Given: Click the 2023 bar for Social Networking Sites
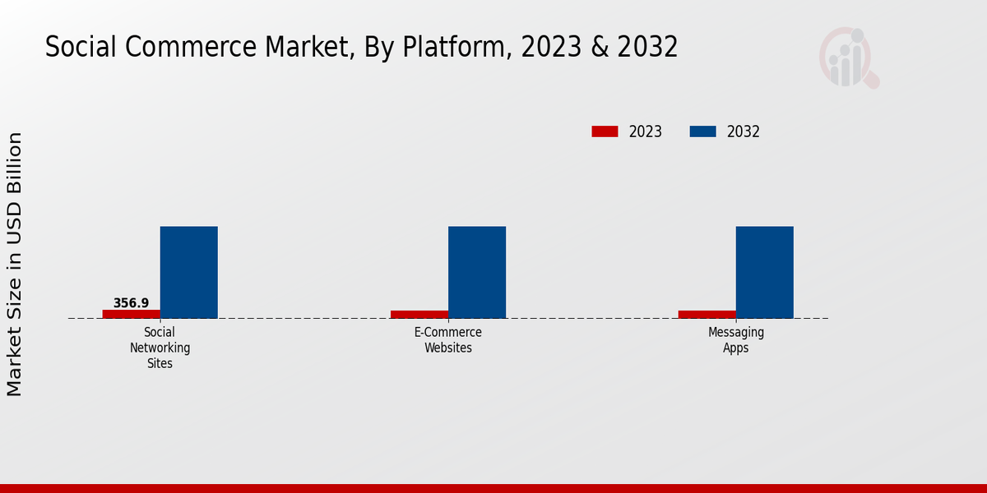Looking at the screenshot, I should point(131,314).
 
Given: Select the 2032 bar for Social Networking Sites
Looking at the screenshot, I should point(188,272).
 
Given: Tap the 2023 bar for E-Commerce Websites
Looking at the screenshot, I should point(419,314).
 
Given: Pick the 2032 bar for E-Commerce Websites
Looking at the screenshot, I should point(476,272).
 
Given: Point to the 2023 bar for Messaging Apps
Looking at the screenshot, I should point(707,314).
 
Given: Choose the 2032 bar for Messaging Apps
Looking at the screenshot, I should point(764,272).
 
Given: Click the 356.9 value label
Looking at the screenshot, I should point(131,303).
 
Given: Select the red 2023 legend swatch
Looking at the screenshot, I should point(605,131).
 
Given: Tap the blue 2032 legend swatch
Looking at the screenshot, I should point(702,131).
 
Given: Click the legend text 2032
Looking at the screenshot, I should point(743,131).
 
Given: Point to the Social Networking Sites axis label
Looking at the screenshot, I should point(160,348).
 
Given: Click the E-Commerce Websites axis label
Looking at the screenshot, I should point(447,340).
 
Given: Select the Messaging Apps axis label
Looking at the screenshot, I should point(735,340).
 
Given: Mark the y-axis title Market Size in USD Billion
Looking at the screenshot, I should point(15,264).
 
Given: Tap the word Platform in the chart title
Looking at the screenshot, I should point(456,48).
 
